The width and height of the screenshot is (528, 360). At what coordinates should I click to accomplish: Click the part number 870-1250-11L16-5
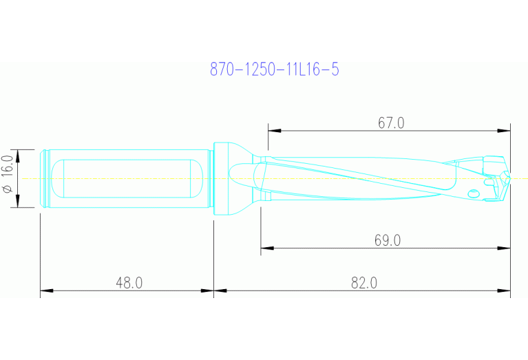(x=274, y=70)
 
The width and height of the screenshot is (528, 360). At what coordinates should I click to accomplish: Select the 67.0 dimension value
(x=391, y=123)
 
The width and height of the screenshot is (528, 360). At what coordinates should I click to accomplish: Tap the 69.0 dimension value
(x=388, y=240)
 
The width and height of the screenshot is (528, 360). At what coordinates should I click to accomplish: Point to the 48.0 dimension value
(x=129, y=283)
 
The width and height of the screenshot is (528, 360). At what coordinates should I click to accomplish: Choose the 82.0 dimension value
(x=363, y=283)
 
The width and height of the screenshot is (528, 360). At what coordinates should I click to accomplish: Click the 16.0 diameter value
(x=8, y=169)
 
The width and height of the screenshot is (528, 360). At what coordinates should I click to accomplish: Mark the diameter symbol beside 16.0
(x=8, y=188)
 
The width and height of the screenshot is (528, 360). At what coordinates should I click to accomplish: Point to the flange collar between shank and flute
(x=222, y=178)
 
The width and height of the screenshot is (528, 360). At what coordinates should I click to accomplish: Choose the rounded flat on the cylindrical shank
(x=127, y=178)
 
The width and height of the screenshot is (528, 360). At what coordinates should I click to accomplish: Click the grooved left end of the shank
(x=45, y=178)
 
